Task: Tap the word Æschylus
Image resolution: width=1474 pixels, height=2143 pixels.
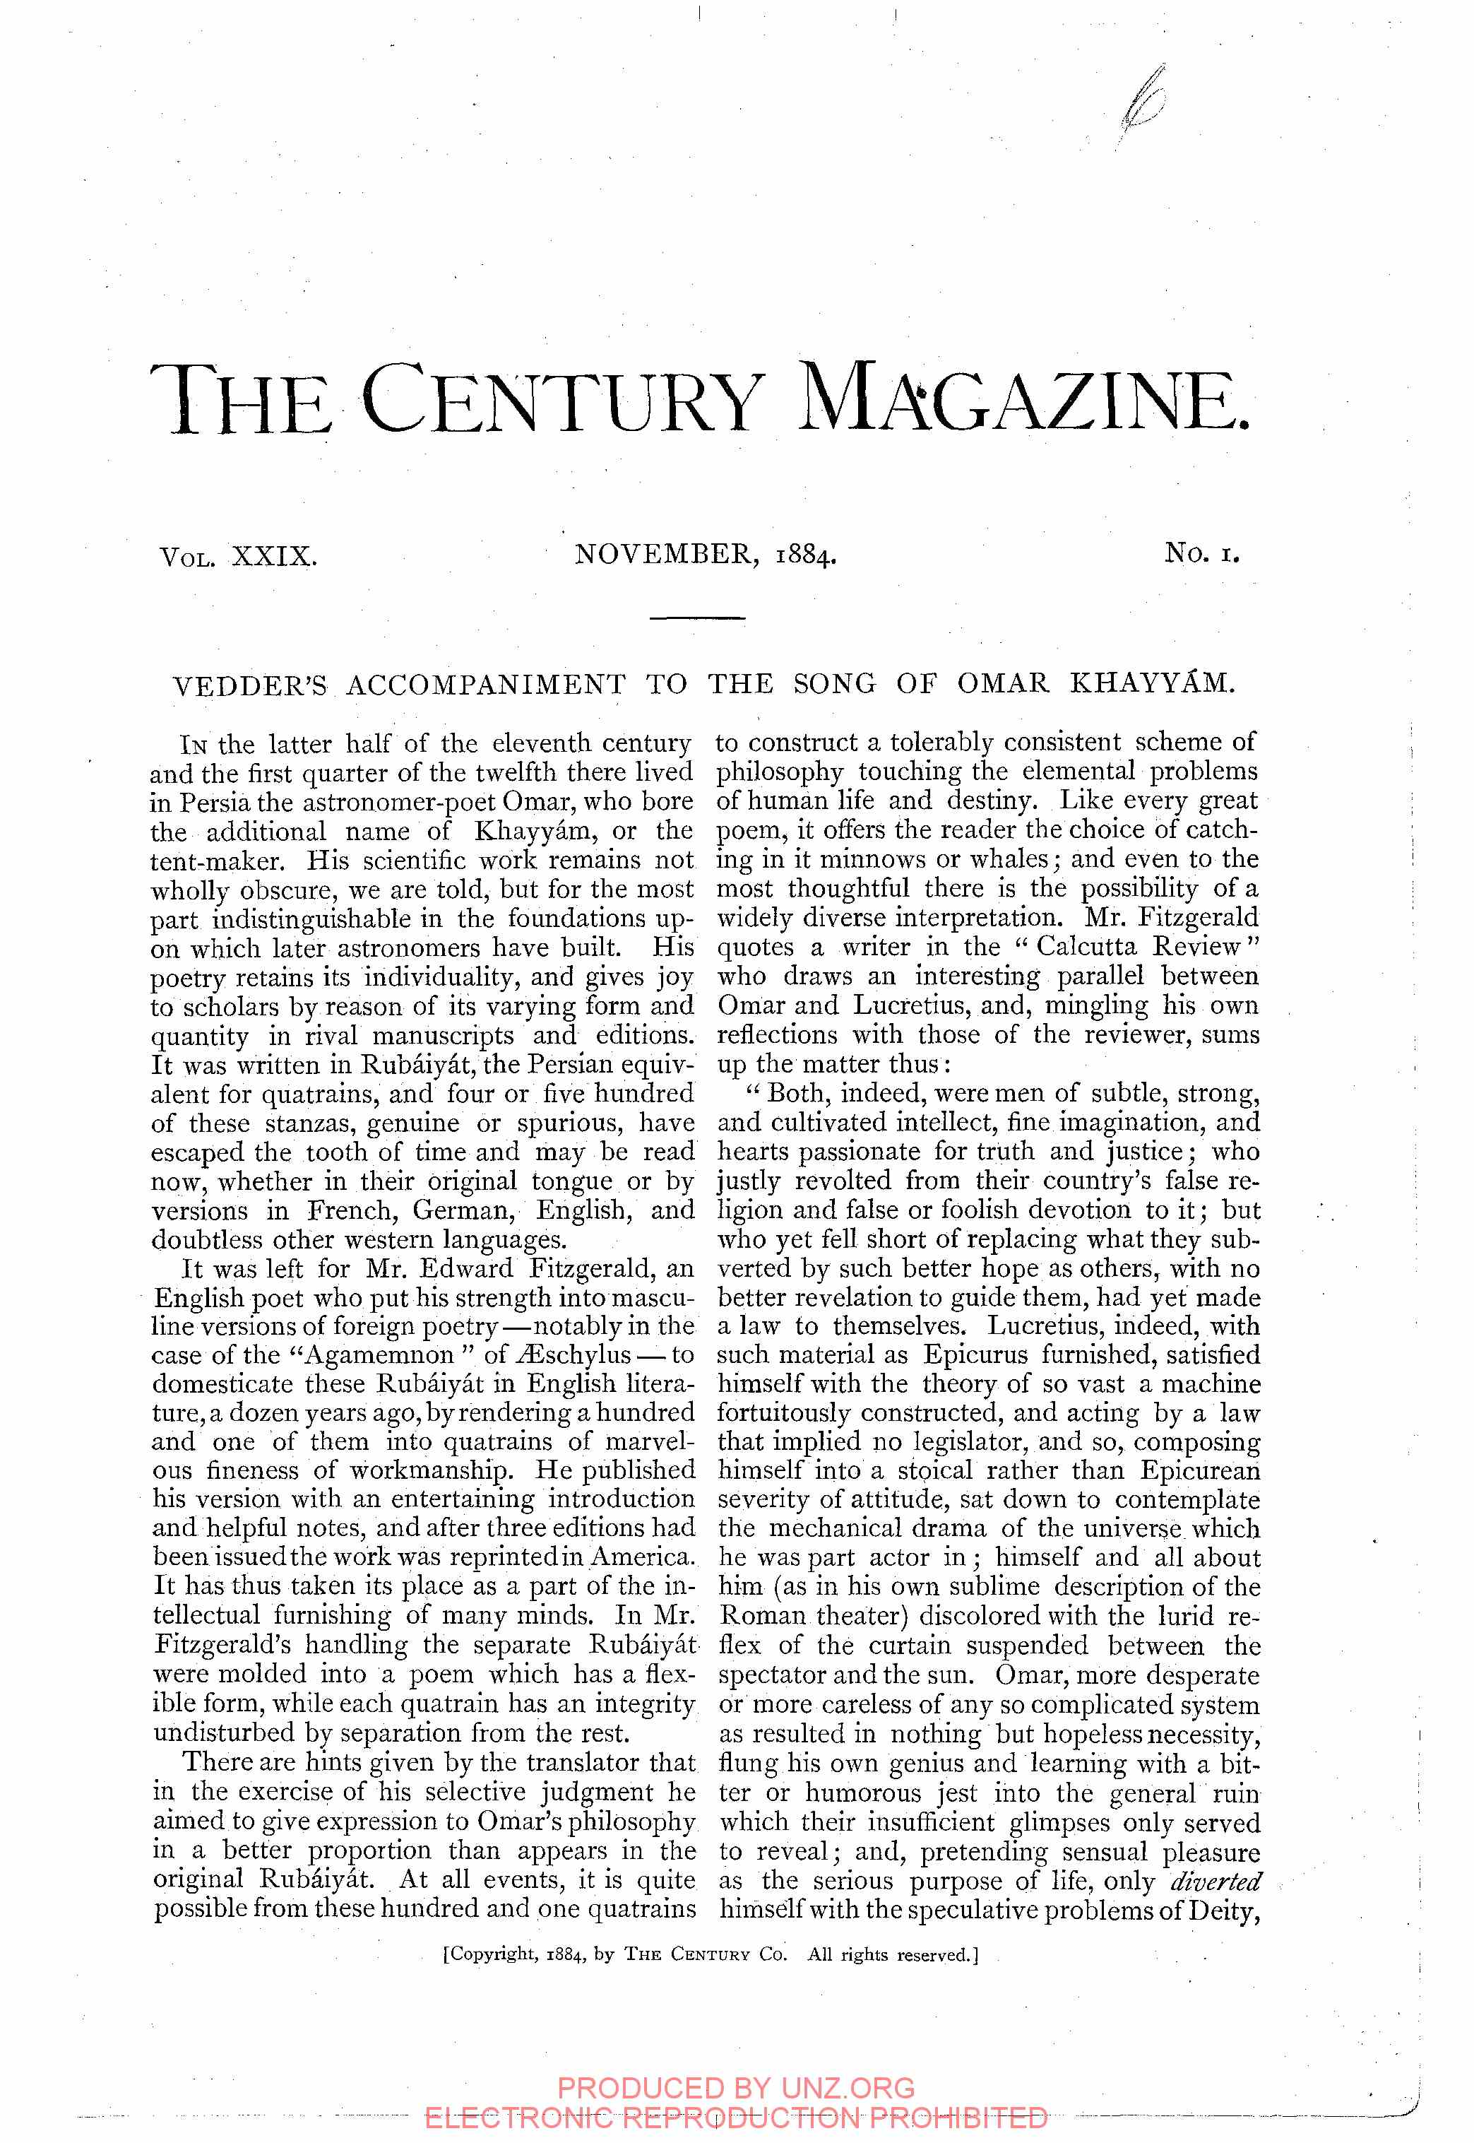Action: tap(582, 1355)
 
